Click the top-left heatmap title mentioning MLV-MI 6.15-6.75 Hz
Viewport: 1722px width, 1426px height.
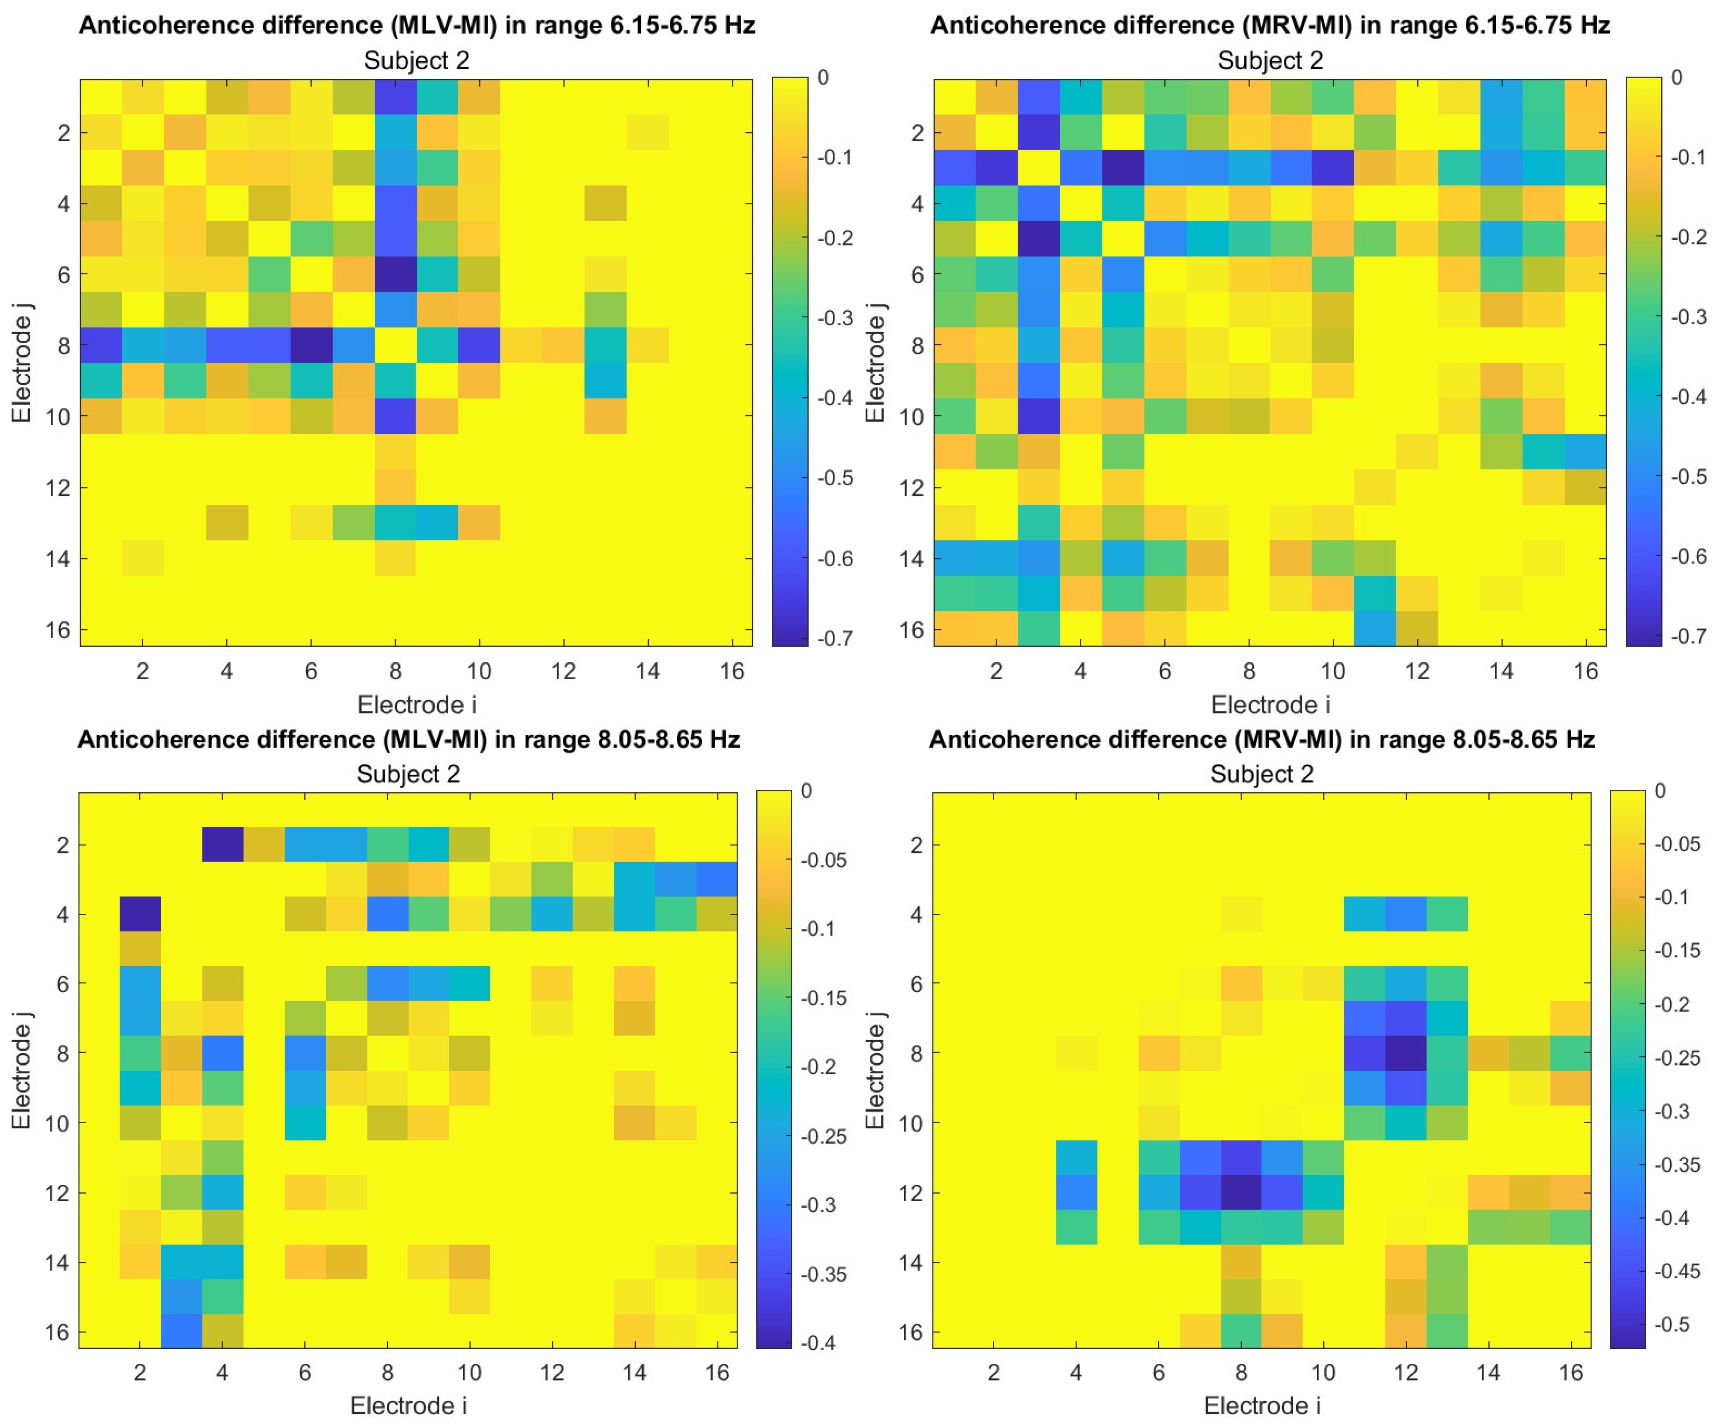pyautogui.click(x=416, y=25)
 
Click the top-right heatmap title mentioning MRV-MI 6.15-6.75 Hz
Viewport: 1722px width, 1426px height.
pyautogui.click(x=1270, y=25)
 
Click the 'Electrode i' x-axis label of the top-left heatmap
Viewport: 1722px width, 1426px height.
pyautogui.click(x=416, y=704)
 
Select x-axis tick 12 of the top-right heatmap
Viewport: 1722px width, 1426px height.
pyautogui.click(x=1417, y=671)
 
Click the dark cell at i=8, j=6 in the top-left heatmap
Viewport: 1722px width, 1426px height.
pyautogui.click(x=395, y=275)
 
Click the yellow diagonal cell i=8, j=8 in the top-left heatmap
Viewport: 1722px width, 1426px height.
pyautogui.click(x=395, y=345)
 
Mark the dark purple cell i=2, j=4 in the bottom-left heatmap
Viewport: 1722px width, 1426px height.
pyautogui.click(x=140, y=913)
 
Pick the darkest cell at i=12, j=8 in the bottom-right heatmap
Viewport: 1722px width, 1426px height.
pyautogui.click(x=1406, y=1052)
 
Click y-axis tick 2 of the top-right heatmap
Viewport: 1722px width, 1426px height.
pyautogui.click(x=918, y=133)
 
